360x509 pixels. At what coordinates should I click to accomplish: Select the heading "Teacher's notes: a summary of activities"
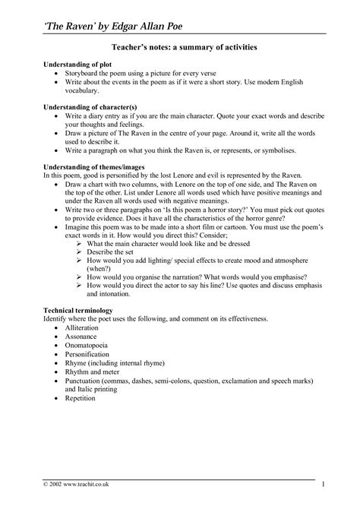tap(179, 47)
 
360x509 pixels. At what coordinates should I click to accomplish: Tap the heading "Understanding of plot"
tap(77, 67)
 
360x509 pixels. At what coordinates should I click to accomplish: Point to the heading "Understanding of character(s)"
tap(90, 108)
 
